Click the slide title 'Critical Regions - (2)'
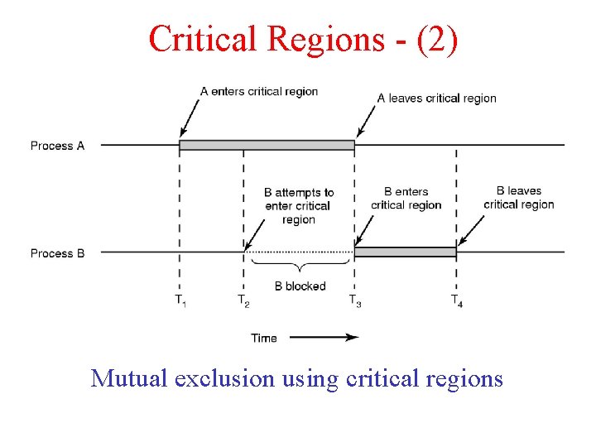tap(302, 38)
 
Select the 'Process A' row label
tap(57, 146)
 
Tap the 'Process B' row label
tap(57, 253)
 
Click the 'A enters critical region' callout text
tap(259, 91)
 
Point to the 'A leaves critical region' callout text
tap(436, 98)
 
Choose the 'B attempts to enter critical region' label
tap(299, 206)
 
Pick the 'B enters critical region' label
tap(406, 199)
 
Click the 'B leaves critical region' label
tap(518, 198)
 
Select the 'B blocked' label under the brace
tap(300, 286)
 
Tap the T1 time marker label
tap(180, 300)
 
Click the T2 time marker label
tap(243, 300)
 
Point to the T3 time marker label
tap(354, 300)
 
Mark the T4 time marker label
tap(456, 300)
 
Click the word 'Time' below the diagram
tap(264, 338)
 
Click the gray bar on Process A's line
tap(267, 146)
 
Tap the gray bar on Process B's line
tap(405, 252)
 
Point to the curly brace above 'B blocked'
tap(300, 266)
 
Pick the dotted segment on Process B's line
tap(299, 252)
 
